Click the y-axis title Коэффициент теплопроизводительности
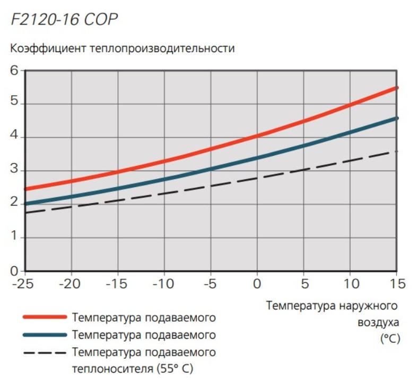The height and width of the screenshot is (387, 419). (122, 49)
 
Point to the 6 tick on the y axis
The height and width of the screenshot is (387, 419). (14, 70)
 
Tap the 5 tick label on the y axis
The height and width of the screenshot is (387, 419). (14, 104)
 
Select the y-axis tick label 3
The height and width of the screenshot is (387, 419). (14, 171)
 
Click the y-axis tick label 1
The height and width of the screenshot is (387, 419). (14, 238)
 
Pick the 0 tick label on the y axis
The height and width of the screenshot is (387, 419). (14, 271)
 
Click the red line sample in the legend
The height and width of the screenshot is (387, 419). (45, 317)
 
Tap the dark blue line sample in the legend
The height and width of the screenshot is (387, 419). (45, 335)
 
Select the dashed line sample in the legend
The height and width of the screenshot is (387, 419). (45, 352)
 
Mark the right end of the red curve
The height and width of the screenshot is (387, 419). (397, 88)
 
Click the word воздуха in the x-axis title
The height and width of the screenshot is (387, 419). (378, 322)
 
